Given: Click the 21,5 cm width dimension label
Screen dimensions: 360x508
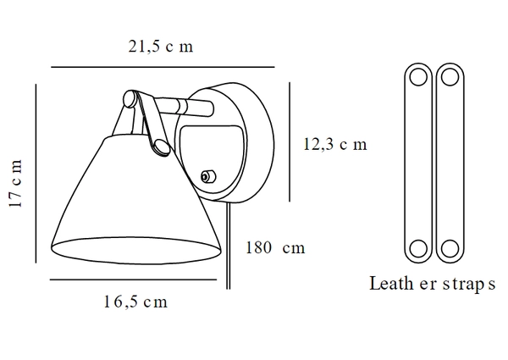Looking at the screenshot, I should click(162, 47).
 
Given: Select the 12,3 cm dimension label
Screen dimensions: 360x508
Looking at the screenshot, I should click(334, 144).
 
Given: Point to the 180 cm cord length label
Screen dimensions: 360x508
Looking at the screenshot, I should click(274, 248).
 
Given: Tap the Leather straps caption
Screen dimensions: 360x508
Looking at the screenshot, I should click(431, 284).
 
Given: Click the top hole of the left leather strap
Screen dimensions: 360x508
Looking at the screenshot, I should click(417, 77).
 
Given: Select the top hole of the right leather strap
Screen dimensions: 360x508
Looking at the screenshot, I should click(448, 77).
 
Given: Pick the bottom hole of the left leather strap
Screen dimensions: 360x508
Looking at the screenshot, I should click(417, 250).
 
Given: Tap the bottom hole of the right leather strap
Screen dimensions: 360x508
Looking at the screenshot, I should click(448, 250).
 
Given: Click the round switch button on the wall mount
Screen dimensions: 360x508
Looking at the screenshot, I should click(206, 176).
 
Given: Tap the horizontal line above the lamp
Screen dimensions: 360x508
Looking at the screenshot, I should click(163, 66).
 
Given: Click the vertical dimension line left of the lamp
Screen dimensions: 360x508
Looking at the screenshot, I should click(36, 174).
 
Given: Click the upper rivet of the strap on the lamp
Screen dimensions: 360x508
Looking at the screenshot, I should click(130, 100).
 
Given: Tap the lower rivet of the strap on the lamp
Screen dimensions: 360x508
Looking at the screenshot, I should click(157, 149).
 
